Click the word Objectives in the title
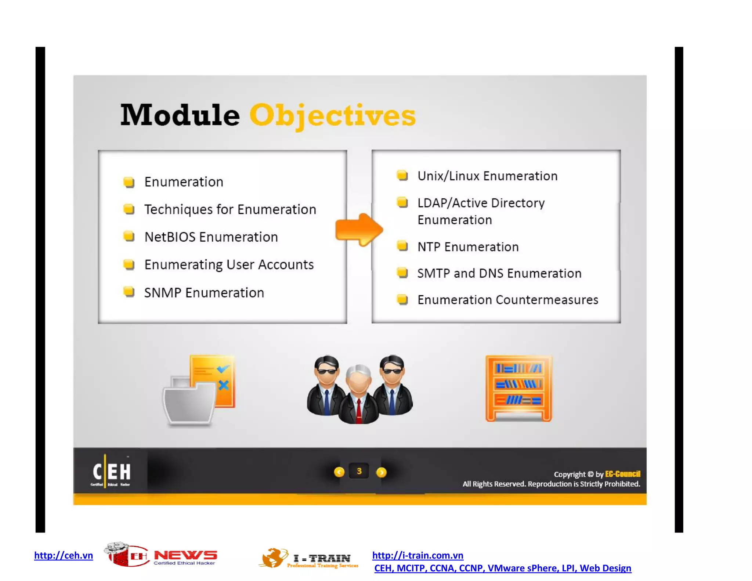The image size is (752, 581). coord(332,115)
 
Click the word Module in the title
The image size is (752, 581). coord(180,115)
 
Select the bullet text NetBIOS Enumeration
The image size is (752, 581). coord(211,237)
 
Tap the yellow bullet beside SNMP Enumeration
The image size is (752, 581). coord(129,292)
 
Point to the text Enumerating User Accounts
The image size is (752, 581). coord(229,265)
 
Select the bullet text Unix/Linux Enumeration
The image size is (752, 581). coord(487,176)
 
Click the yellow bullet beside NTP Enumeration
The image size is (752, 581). coord(402,246)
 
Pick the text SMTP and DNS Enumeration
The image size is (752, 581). coord(499,274)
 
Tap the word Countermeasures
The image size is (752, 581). coord(547,300)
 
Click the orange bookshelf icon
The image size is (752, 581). coord(518,388)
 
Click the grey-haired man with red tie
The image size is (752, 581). coord(358,395)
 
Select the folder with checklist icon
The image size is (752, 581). coord(199,390)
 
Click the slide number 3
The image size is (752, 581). coord(359,471)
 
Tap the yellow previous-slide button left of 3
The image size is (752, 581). coord(339,472)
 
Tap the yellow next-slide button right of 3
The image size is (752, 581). coord(382,472)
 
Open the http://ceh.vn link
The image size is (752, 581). coord(64,555)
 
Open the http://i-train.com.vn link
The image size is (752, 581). coord(417,555)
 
